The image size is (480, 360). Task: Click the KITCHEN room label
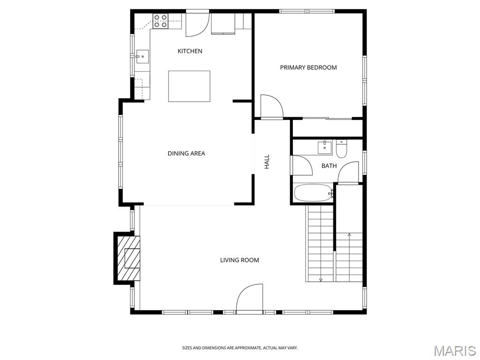tap(190, 51)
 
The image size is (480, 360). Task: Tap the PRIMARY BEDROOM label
tap(308, 67)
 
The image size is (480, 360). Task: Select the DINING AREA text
tap(186, 153)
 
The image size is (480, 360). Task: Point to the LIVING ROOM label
tap(240, 260)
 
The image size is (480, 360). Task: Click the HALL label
tap(267, 162)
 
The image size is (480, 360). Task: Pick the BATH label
tap(329, 166)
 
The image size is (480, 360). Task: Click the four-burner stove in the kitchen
tap(160, 21)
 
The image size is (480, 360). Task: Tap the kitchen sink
tap(142, 57)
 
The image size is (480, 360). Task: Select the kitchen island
tap(189, 86)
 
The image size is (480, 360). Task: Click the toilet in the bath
tap(341, 149)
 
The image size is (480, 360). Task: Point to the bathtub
tap(313, 193)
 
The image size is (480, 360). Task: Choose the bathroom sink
tap(324, 147)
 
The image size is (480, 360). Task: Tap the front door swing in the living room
tap(249, 299)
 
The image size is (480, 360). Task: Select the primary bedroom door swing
tap(272, 106)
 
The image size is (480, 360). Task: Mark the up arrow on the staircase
tap(349, 235)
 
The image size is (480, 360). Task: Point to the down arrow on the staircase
tap(321, 279)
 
